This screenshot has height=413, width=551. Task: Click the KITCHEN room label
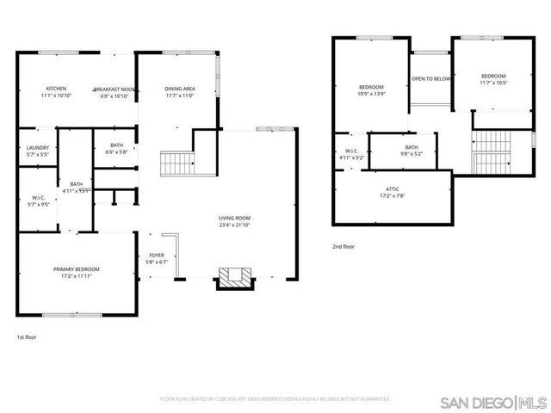tap(57, 89)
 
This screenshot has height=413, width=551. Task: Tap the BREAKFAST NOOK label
tap(115, 89)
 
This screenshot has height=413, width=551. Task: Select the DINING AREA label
tap(179, 89)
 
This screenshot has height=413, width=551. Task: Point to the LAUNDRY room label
tap(37, 147)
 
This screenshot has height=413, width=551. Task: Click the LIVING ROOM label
tap(234, 218)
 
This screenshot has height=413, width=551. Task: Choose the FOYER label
tap(157, 255)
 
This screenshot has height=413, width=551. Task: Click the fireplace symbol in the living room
tap(235, 277)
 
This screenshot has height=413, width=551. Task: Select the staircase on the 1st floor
tap(176, 161)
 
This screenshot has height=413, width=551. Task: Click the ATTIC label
tap(393, 188)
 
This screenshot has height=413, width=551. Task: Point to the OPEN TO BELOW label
tap(430, 78)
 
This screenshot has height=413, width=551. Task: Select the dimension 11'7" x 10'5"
tap(493, 83)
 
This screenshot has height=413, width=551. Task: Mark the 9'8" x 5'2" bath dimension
tap(412, 154)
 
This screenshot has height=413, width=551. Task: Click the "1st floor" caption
tap(28, 336)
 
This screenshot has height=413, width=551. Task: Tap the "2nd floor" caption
tap(344, 247)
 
